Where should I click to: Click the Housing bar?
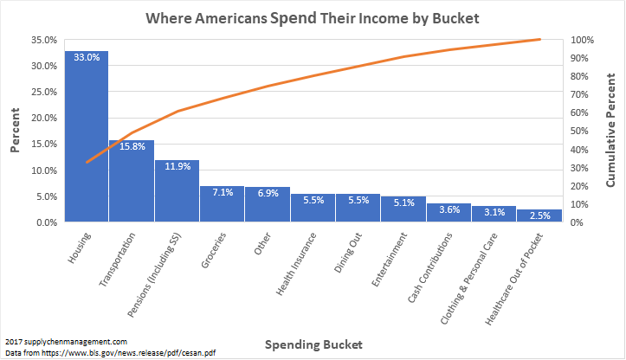87,138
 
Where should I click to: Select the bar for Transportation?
132,182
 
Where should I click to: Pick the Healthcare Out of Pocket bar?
539,215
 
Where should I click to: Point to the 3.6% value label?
449,210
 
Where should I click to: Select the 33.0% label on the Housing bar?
87,58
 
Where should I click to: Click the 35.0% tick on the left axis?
43,40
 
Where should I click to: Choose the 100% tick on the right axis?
582,40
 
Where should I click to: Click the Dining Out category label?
346,251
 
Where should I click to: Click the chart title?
313,17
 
